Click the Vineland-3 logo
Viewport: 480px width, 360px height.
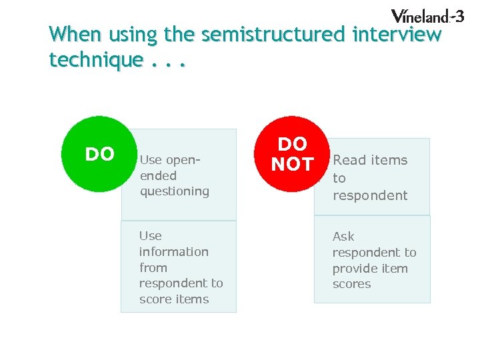427,16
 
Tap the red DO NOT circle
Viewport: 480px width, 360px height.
293,155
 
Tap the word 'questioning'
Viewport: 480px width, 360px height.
174,191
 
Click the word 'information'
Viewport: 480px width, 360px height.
173,251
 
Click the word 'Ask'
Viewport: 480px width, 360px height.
343,237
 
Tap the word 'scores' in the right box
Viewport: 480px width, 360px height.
351,284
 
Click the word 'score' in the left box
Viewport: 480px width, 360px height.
155,299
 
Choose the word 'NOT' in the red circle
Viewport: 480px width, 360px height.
293,164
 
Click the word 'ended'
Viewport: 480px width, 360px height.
158,176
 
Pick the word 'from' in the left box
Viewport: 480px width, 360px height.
153,267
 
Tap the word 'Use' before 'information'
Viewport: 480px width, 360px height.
150,235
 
